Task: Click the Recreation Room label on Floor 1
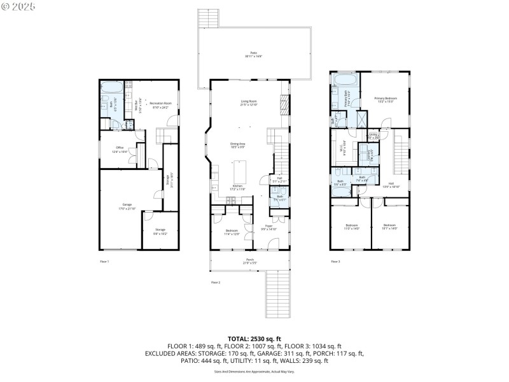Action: coord(160,104)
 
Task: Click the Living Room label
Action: coord(249,103)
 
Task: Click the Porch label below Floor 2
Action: coord(250,260)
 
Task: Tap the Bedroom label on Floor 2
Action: coord(232,231)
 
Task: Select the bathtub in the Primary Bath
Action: coord(344,81)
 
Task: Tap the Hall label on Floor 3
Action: coord(391,185)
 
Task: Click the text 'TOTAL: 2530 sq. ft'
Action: coord(254,339)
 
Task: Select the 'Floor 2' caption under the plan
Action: coord(216,283)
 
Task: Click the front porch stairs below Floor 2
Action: coord(277,293)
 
